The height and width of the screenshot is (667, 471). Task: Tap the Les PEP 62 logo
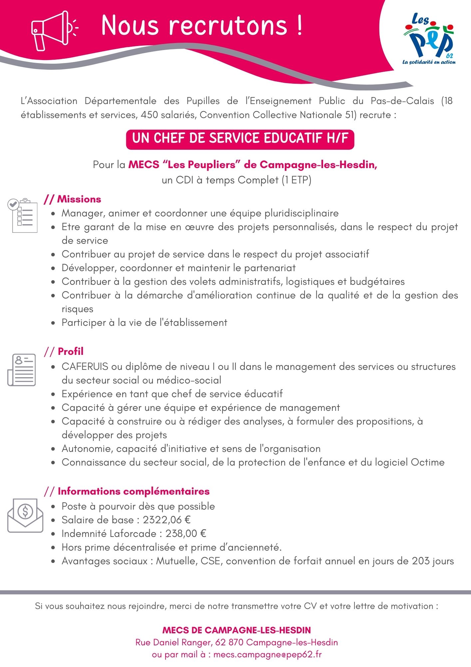[429, 39]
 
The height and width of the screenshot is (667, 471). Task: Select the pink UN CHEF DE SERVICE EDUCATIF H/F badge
[240, 139]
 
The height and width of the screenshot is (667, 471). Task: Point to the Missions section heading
[79, 199]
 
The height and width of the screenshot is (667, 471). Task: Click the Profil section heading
[70, 352]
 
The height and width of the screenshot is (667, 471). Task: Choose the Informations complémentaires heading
[133, 491]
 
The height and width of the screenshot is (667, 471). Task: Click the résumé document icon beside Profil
[22, 370]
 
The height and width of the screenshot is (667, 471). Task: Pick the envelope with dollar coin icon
[25, 515]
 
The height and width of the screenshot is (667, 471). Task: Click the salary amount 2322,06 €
[167, 520]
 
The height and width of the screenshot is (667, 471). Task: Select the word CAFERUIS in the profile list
[85, 367]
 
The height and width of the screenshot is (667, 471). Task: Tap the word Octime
[427, 462]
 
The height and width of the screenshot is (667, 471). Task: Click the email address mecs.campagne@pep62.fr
[267, 654]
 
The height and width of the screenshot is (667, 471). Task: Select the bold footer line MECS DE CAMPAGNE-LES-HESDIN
[236, 630]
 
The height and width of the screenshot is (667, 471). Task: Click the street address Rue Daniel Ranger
[173, 642]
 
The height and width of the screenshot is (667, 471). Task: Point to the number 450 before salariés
[150, 115]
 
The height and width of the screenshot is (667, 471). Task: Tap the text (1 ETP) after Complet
[296, 180]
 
